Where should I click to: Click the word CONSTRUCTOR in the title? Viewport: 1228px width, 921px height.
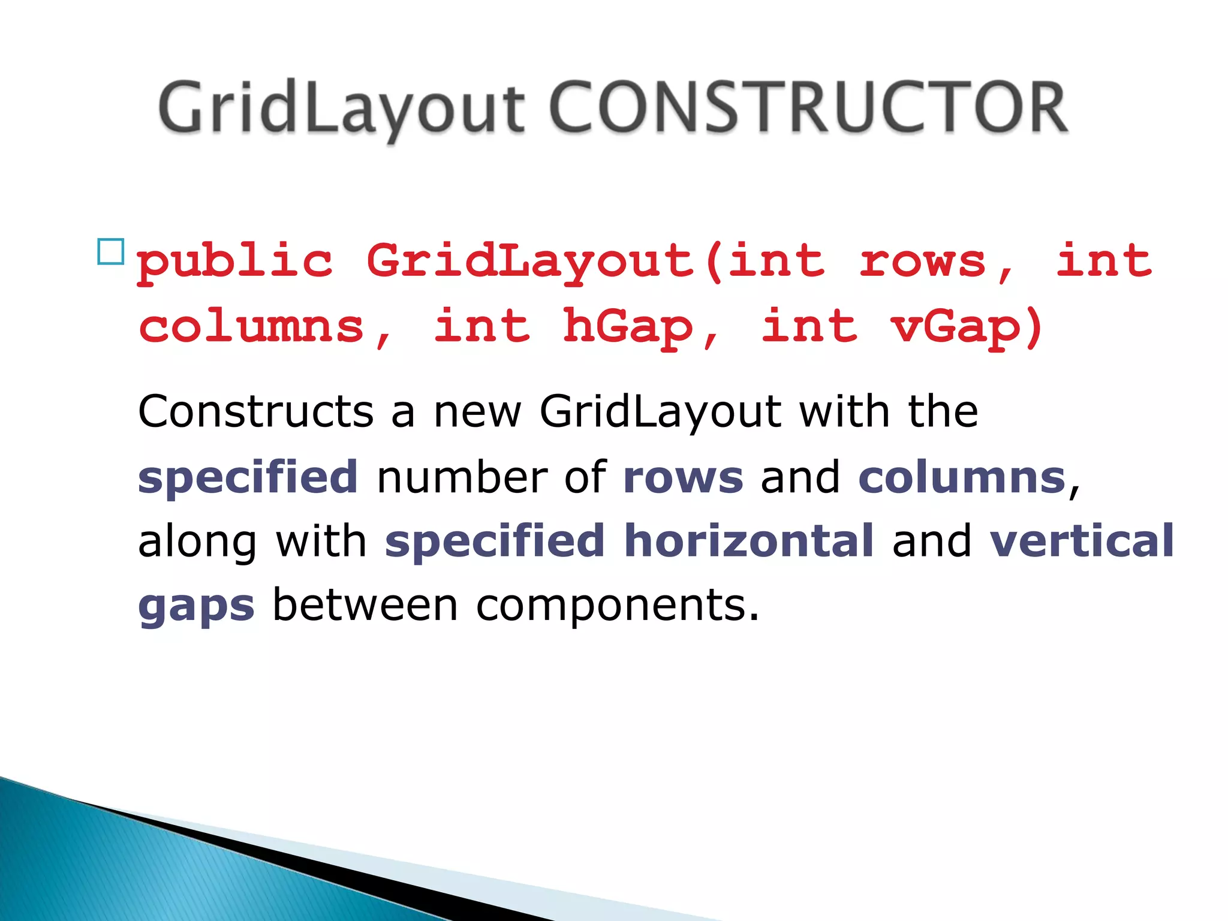click(807, 108)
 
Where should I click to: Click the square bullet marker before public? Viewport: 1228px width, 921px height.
click(110, 252)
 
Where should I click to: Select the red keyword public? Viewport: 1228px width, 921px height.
click(234, 263)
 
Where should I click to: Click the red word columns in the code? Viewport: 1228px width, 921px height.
click(252, 327)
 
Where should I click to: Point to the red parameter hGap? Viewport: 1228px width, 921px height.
click(628, 327)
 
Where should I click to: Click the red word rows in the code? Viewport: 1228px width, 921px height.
click(923, 261)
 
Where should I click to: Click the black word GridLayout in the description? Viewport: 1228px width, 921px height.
click(660, 412)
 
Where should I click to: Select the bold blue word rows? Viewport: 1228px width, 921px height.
click(683, 478)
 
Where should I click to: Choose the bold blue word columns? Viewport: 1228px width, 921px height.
click(961, 478)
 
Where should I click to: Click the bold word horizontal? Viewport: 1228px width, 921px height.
click(748, 541)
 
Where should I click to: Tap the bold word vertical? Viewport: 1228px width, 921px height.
click(1081, 541)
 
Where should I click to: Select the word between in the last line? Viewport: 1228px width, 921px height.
click(365, 606)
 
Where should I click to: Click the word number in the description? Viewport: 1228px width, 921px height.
click(462, 478)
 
